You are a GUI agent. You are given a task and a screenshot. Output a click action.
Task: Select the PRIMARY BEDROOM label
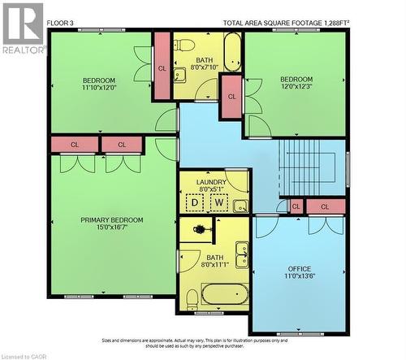pyautogui.click(x=111, y=219)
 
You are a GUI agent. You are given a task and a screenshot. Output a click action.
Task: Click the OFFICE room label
pyautogui.click(x=300, y=268)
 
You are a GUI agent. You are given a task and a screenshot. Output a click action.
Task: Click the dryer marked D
pyautogui.click(x=195, y=202)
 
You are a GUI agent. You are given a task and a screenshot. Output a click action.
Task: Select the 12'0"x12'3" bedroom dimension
pyautogui.click(x=296, y=88)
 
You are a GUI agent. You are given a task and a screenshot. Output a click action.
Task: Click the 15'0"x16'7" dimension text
pyautogui.click(x=111, y=228)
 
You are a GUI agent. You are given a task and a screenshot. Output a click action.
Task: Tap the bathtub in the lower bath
pyautogui.click(x=225, y=293)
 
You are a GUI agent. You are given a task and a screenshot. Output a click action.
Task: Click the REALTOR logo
pyautogui.click(x=23, y=28)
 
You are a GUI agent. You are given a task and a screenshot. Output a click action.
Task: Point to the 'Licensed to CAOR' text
pyautogui.click(x=28, y=355)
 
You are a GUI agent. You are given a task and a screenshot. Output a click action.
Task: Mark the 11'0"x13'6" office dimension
pyautogui.click(x=300, y=277)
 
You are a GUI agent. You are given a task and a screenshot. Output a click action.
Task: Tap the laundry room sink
pyautogui.click(x=240, y=206)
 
